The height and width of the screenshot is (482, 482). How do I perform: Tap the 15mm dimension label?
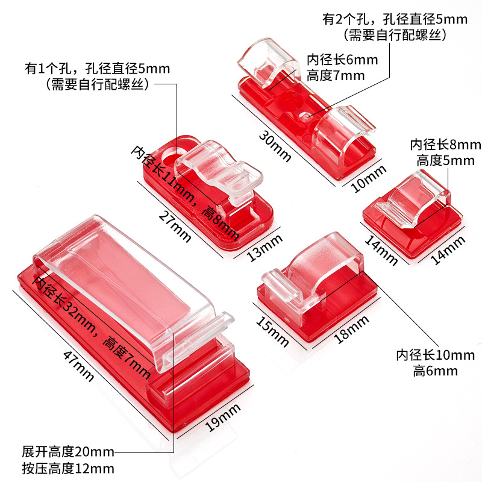(x=271, y=330)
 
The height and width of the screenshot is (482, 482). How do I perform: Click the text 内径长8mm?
(x=446, y=145)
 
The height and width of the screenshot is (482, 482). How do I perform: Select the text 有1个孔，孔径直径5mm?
(x=98, y=68)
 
